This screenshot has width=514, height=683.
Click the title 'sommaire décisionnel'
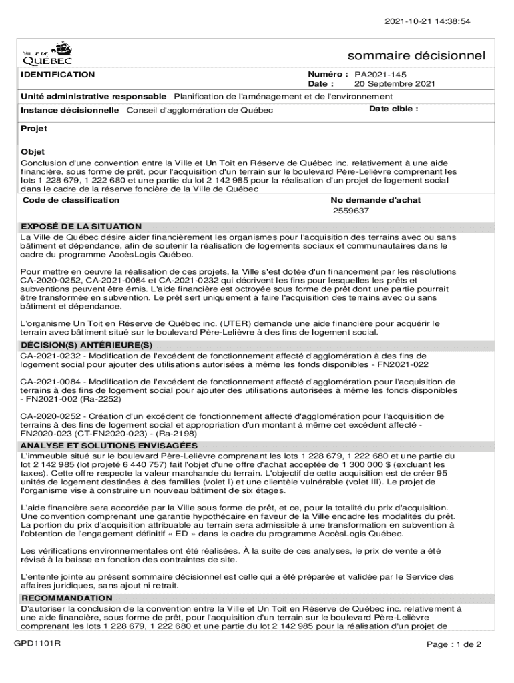[416, 55]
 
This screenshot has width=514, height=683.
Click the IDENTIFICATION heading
[58, 75]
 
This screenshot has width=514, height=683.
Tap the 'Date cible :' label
[394, 109]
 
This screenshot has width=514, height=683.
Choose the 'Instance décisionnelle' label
[70, 110]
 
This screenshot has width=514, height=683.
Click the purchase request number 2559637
[351, 211]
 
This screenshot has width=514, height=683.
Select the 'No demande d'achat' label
[376, 200]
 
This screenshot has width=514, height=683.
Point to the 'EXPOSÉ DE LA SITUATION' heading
[81, 227]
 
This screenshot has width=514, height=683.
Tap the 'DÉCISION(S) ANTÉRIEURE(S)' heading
[87, 345]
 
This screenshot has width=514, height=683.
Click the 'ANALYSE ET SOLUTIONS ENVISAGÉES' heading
[109, 446]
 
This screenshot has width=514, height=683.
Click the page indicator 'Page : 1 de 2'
[454, 644]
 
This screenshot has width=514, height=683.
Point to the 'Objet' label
[33, 152]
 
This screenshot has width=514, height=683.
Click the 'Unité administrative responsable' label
[94, 97]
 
